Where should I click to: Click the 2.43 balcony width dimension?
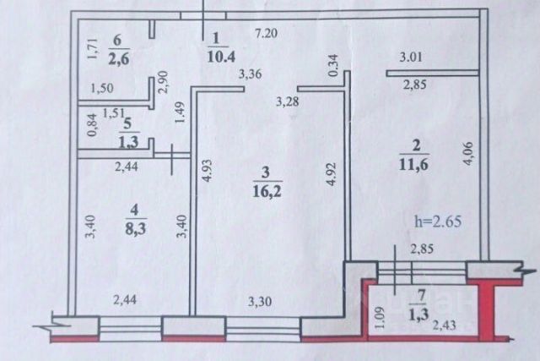click(x=445, y=324)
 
